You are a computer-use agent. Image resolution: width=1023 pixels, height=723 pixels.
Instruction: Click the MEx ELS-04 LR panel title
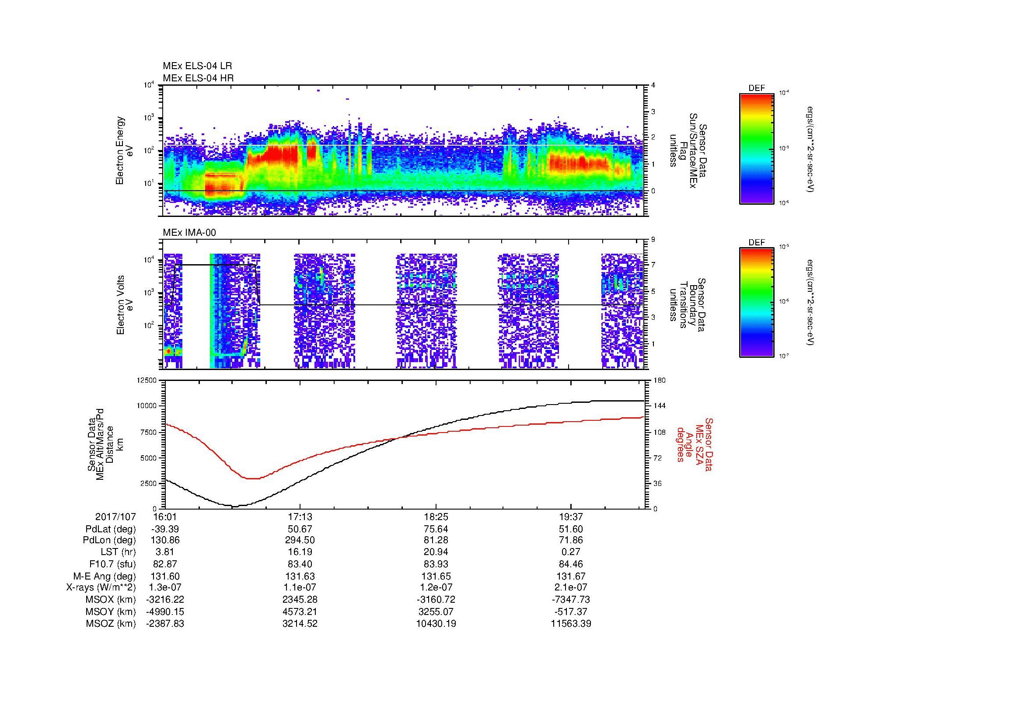pyautogui.click(x=197, y=66)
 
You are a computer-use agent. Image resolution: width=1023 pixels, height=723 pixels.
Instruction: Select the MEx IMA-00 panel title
pyautogui.click(x=189, y=233)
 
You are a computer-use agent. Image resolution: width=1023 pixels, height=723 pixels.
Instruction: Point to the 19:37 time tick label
pyautogui.click(x=571, y=517)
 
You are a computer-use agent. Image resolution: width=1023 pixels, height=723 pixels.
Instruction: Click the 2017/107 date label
pyautogui.click(x=115, y=517)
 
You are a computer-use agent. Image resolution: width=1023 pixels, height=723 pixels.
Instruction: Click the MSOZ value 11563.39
pyautogui.click(x=571, y=624)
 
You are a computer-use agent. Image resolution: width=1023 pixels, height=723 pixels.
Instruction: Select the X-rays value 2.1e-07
pyautogui.click(x=571, y=588)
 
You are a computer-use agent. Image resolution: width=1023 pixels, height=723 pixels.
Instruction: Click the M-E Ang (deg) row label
pyautogui.click(x=104, y=576)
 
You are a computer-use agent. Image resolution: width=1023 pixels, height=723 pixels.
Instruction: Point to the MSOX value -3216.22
pyautogui.click(x=165, y=600)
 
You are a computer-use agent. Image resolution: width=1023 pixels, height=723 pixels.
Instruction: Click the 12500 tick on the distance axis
pyautogui.click(x=147, y=381)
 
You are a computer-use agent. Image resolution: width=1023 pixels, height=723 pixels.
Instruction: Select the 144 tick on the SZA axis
pyautogui.click(x=660, y=406)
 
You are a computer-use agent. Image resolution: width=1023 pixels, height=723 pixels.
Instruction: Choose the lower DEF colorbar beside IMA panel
pyautogui.click(x=756, y=302)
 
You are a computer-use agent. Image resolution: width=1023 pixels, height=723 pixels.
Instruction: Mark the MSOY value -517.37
pyautogui.click(x=571, y=612)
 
